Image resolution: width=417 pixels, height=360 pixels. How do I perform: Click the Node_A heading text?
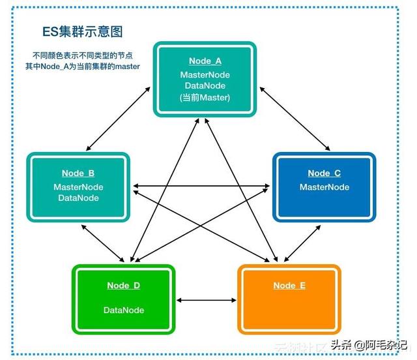click(x=205, y=61)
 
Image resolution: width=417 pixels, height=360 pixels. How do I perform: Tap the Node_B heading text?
click(x=78, y=173)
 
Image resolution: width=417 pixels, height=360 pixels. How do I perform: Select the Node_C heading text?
click(x=324, y=173)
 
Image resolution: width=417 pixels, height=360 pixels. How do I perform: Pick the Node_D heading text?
click(x=123, y=286)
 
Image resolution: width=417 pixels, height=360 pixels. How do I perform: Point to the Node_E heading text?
click(x=289, y=286)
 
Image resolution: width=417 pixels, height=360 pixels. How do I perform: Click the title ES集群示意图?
click(x=83, y=32)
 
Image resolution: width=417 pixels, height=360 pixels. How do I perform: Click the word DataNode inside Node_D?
click(x=124, y=310)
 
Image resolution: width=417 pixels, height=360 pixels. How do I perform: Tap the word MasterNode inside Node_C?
click(x=324, y=187)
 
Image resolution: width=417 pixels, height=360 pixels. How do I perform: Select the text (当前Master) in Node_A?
click(x=205, y=97)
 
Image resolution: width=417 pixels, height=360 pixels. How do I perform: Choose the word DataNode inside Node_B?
click(x=78, y=198)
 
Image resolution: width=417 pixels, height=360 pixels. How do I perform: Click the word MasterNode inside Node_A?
click(x=205, y=75)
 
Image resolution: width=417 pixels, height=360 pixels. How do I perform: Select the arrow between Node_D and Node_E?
click(x=207, y=301)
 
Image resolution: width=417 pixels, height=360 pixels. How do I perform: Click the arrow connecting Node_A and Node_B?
click(x=118, y=119)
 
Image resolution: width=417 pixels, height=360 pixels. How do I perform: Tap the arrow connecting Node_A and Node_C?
click(x=295, y=119)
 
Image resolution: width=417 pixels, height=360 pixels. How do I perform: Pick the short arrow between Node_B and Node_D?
click(x=103, y=243)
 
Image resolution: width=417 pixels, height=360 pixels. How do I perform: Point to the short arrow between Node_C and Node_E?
click(x=302, y=243)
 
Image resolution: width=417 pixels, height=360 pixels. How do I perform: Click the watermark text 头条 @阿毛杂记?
click(x=369, y=345)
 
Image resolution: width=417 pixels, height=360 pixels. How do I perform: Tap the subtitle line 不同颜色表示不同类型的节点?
click(x=83, y=55)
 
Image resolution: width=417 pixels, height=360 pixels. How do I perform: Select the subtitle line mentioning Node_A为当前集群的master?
click(x=83, y=67)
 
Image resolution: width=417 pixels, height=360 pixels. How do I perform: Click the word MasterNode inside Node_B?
click(x=78, y=187)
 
